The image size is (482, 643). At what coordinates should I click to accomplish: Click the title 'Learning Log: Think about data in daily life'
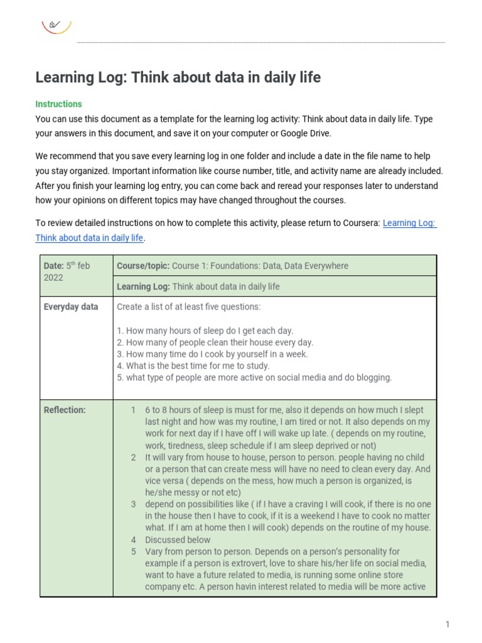pos(178,77)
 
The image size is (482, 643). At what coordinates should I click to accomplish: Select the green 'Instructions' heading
pos(58,104)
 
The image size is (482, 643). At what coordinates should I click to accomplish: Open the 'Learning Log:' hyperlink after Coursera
pos(409,223)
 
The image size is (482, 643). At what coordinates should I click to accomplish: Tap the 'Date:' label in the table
pos(53,266)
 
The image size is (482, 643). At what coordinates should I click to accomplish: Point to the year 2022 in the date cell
pos(53,278)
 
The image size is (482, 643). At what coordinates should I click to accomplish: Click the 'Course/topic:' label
pos(143,266)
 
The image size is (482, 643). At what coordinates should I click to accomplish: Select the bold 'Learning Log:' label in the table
pos(143,286)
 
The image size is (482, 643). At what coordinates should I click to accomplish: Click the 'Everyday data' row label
pos(71,307)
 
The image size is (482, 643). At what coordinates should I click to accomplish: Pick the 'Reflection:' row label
pos(65,410)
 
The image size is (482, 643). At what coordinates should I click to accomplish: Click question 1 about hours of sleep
pos(205,330)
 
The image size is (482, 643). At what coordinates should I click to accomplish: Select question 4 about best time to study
pos(193,365)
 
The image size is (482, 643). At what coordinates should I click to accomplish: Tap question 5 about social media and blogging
pos(254,377)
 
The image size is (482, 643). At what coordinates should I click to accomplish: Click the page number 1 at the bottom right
pos(447,624)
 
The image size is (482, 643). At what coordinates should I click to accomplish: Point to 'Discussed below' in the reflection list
pos(178,539)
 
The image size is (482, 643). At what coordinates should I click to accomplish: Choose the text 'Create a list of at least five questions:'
pos(189,307)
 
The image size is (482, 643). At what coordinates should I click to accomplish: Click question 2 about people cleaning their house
pos(215,342)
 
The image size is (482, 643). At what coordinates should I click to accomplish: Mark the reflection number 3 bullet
pos(133,504)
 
